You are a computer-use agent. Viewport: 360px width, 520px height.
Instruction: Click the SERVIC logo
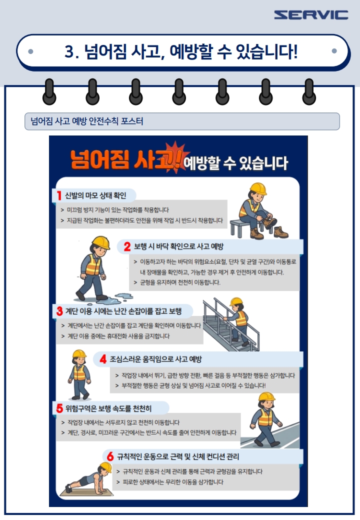point(311,15)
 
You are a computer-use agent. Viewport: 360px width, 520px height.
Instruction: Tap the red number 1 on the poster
point(59,195)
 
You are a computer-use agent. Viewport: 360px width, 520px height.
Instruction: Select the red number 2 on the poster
point(127,246)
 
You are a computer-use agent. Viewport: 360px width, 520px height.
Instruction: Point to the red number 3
point(59,311)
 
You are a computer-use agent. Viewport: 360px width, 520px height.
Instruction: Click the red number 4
point(103,359)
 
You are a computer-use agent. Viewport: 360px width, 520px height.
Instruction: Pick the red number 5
point(59,408)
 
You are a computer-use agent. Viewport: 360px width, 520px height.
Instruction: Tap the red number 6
point(110,456)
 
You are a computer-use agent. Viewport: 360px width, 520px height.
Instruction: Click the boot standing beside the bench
point(281,232)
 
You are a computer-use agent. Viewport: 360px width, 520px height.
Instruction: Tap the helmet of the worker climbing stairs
point(236,301)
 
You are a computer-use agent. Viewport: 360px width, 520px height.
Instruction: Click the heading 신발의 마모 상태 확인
point(95,195)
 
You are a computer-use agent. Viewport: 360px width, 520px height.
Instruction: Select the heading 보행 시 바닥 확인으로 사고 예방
point(178,246)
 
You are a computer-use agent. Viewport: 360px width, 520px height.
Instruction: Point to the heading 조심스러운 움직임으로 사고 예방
point(156,359)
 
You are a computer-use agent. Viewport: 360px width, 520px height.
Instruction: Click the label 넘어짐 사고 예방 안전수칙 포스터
point(87,121)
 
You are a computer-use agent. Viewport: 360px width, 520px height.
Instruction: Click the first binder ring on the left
point(49,92)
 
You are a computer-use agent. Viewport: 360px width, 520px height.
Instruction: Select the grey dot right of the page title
point(334,51)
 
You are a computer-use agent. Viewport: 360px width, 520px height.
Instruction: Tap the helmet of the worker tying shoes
point(258,188)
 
